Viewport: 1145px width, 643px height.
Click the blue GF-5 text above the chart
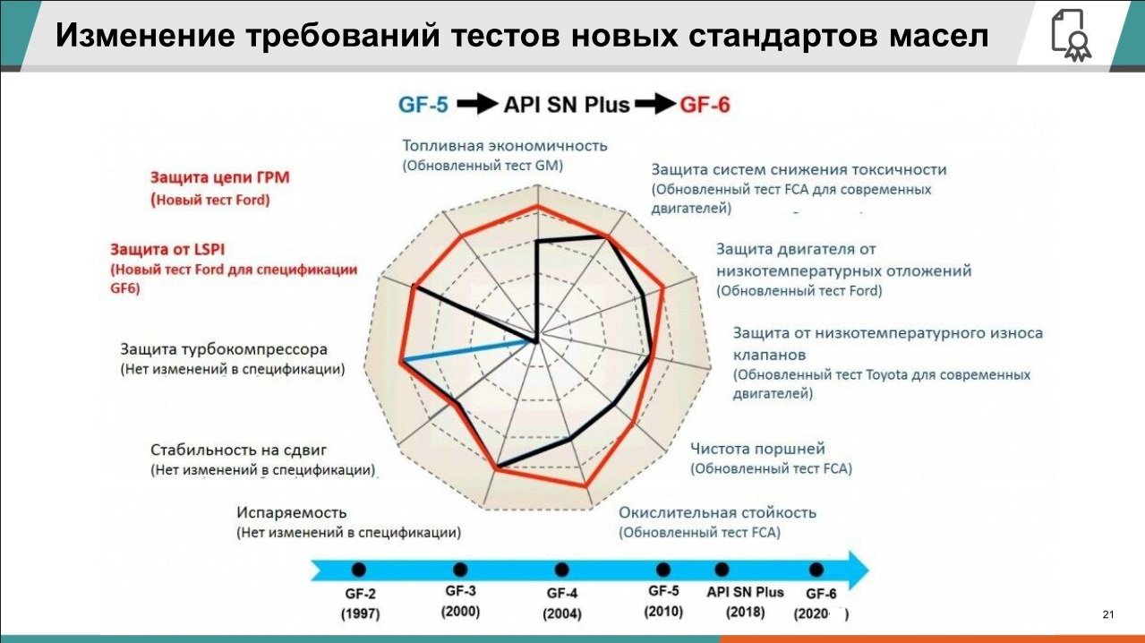[x=423, y=105]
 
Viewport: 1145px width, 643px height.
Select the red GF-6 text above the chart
[x=705, y=105]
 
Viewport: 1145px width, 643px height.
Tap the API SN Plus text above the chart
[x=567, y=105]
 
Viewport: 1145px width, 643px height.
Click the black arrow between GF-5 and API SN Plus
[x=477, y=104]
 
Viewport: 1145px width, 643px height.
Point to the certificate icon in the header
[x=1071, y=35]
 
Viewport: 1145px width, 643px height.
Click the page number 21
[x=1108, y=614]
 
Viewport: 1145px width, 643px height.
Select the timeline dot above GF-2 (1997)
[x=359, y=570]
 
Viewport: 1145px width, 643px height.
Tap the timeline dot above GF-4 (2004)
[x=562, y=570]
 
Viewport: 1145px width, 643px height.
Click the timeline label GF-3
[x=460, y=591]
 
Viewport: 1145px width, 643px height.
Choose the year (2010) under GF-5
[x=663, y=612]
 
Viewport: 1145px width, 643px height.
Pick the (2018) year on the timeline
[x=745, y=612]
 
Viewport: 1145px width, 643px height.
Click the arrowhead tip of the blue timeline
[x=868, y=570]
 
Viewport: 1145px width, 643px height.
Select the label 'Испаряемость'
[x=291, y=512]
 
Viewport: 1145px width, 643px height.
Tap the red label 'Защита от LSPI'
[x=167, y=249]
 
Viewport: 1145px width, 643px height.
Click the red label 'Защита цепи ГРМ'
[x=220, y=177]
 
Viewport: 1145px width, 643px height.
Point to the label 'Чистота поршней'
[x=757, y=449]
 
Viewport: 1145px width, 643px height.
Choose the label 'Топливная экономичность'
[x=505, y=146]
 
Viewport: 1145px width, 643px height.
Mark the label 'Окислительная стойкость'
[x=717, y=512]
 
